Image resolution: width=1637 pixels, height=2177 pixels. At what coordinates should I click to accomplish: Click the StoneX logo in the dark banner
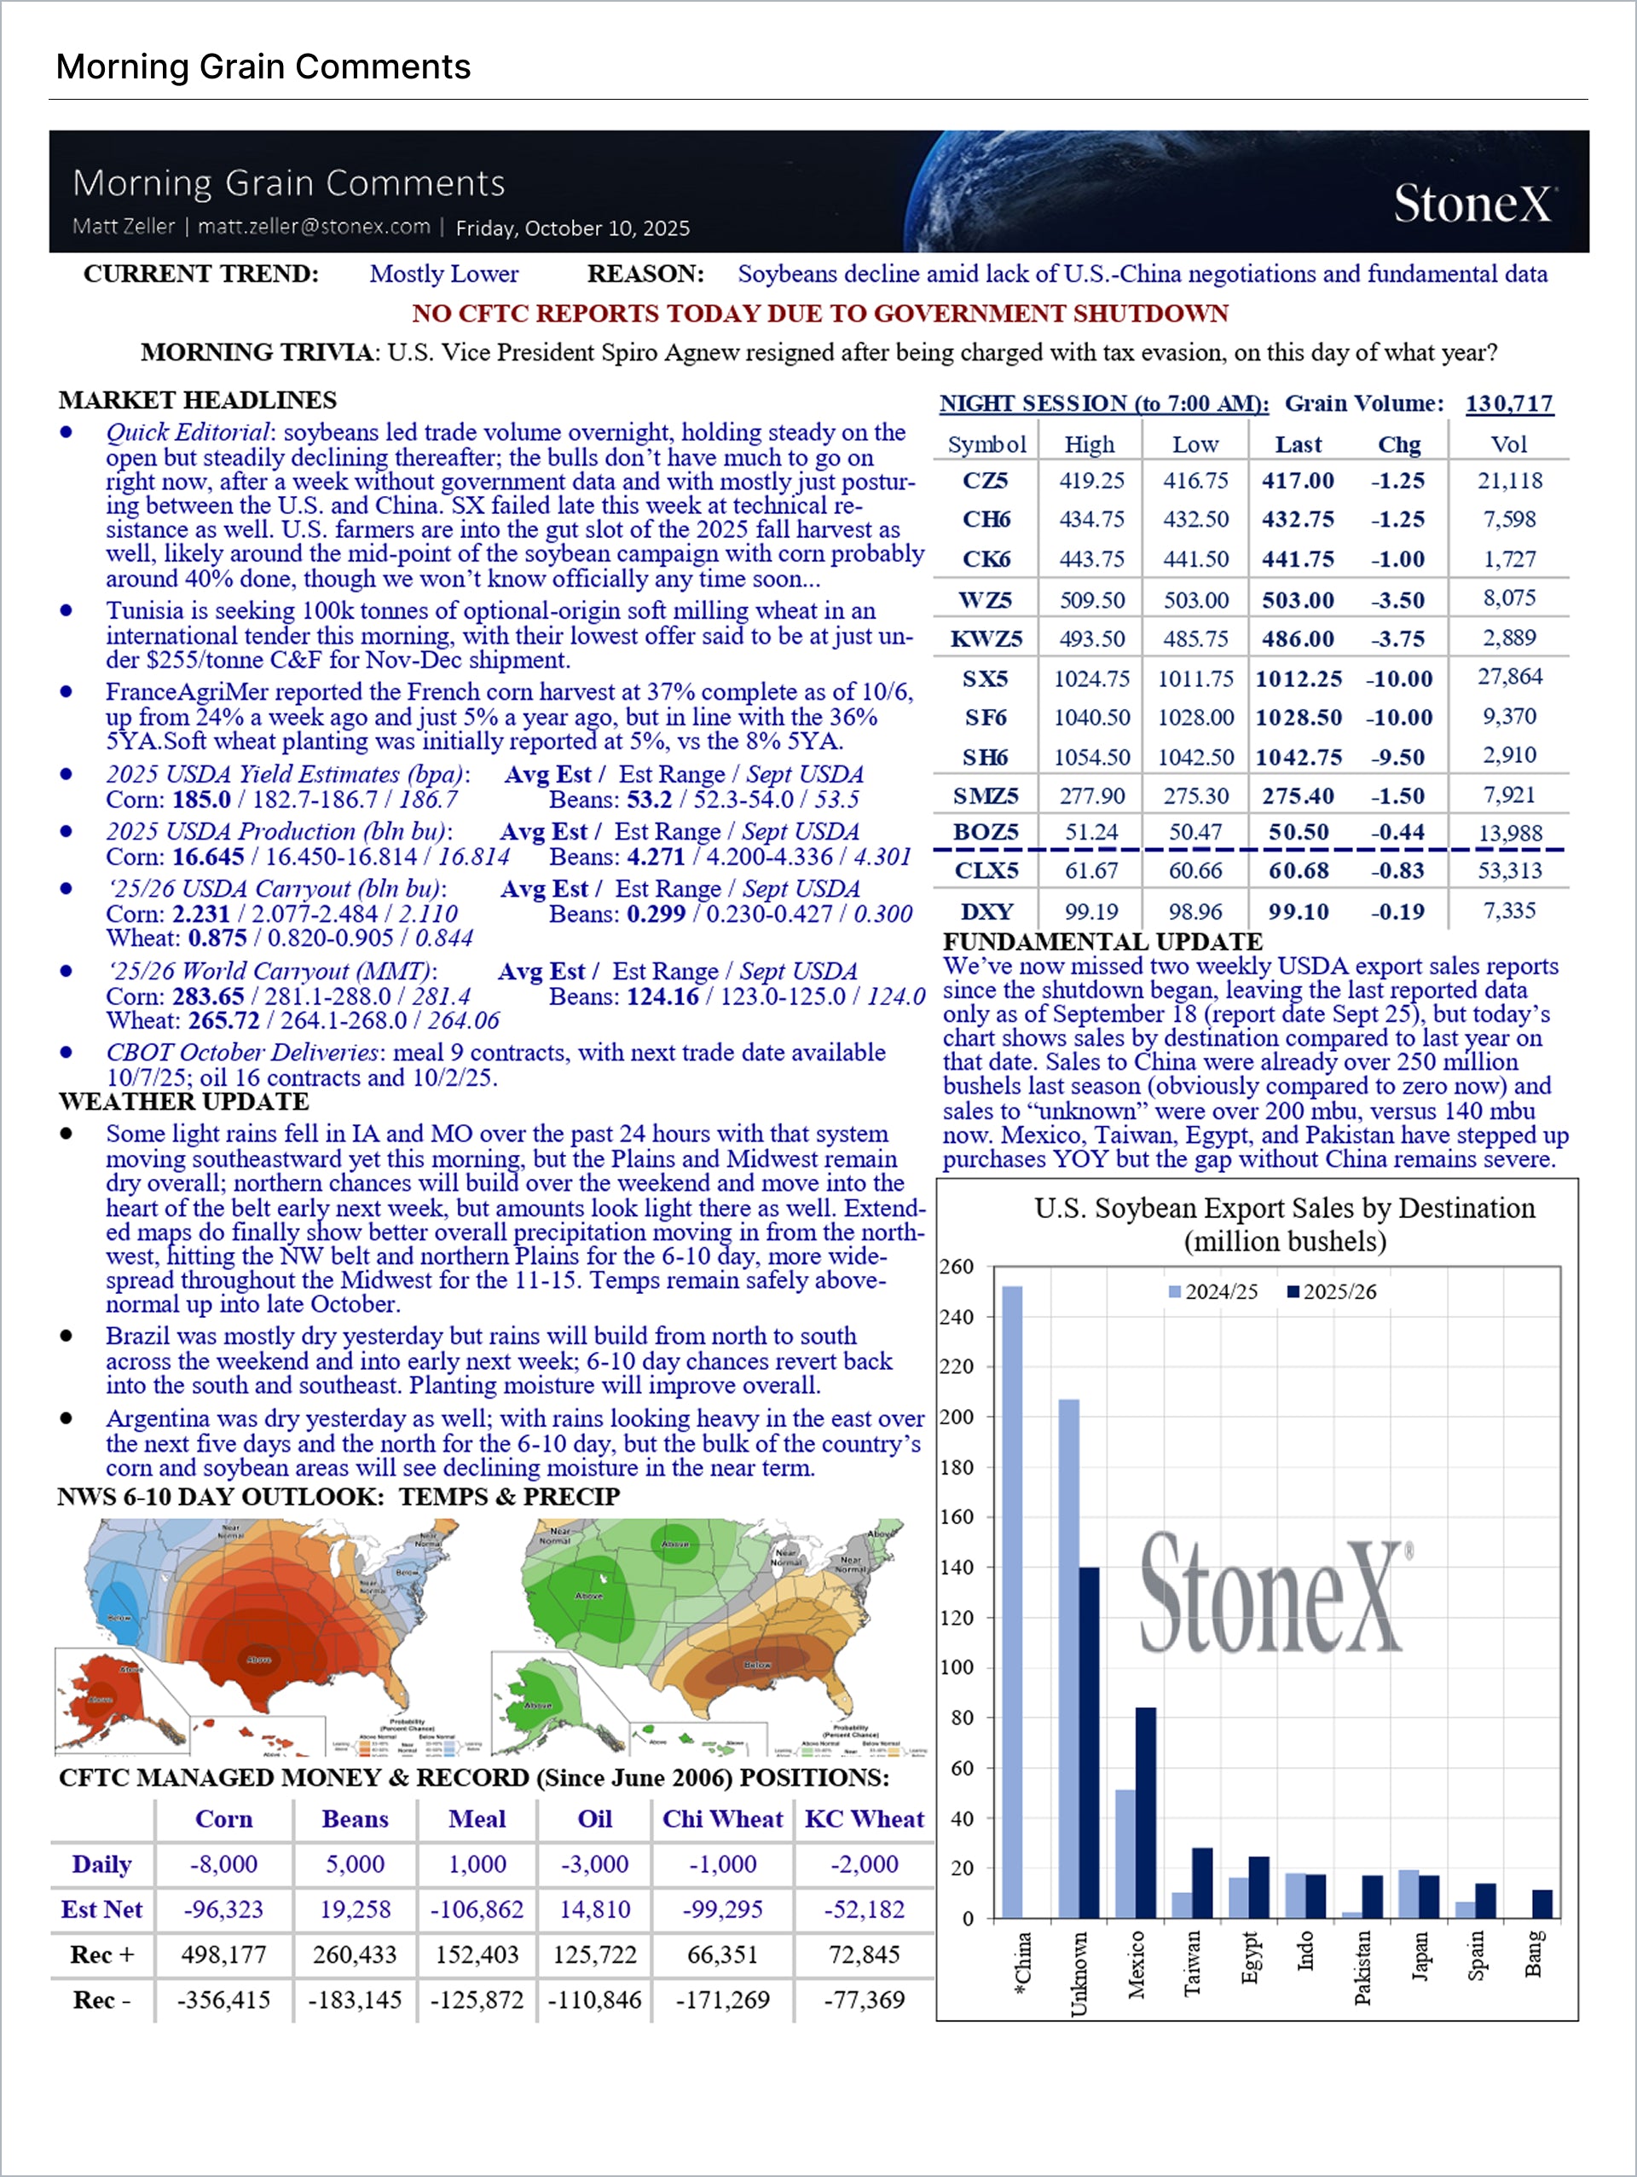(1472, 204)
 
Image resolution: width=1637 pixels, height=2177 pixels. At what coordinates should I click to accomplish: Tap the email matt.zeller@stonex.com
(314, 227)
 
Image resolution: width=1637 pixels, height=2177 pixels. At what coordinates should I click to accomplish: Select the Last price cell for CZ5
(1298, 480)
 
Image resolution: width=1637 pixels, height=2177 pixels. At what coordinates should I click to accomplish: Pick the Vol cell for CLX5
(1509, 871)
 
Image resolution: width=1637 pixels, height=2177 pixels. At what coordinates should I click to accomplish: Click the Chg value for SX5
(1397, 679)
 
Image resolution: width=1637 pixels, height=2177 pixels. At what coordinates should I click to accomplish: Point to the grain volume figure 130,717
(1509, 403)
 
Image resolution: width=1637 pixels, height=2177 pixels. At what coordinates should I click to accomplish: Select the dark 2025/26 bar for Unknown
(1089, 1742)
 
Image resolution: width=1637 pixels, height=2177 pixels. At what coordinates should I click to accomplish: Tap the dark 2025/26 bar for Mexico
(1145, 1812)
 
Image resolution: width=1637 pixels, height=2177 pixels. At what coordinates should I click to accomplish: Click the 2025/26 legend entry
(1331, 1291)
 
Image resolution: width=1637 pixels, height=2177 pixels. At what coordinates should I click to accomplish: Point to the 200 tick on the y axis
(955, 1418)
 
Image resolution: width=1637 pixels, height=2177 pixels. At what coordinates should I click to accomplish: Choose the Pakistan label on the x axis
(1362, 1968)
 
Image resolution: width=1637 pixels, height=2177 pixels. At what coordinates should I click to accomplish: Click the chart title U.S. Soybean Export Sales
(1284, 1209)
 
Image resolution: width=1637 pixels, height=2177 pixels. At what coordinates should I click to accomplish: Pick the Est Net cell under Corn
(223, 1909)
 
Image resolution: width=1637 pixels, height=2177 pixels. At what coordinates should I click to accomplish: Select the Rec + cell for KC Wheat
(864, 1955)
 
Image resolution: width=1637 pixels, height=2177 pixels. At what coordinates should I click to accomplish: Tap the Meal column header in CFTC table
(477, 1819)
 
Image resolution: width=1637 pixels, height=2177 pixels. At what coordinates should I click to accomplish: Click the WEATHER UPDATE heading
(183, 1101)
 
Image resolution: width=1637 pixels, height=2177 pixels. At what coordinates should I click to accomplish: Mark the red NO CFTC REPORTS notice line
(819, 313)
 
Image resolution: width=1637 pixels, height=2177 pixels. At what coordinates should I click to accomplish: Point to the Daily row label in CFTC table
(101, 1864)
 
